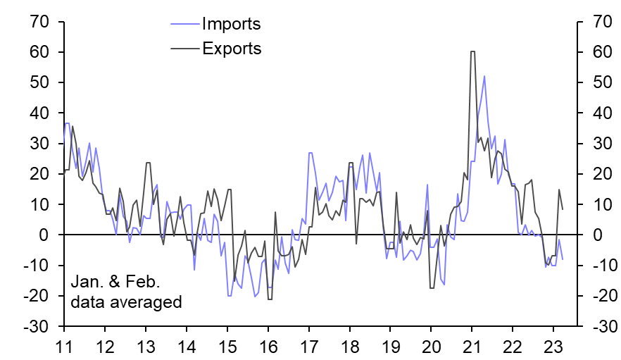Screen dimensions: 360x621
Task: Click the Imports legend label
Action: [x=231, y=25]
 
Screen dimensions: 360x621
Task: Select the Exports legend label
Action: [x=232, y=49]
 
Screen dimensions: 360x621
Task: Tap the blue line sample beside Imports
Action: [x=185, y=25]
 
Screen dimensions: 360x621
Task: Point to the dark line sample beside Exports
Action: [x=185, y=49]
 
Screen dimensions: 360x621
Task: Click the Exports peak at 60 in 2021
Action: [x=472, y=51]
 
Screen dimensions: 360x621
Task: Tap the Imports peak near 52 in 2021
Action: [x=484, y=76]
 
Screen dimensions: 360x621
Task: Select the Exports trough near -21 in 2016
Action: [x=270, y=299]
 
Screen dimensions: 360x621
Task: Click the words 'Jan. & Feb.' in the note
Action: [x=116, y=283]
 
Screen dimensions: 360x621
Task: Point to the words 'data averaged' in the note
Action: [x=127, y=302]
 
